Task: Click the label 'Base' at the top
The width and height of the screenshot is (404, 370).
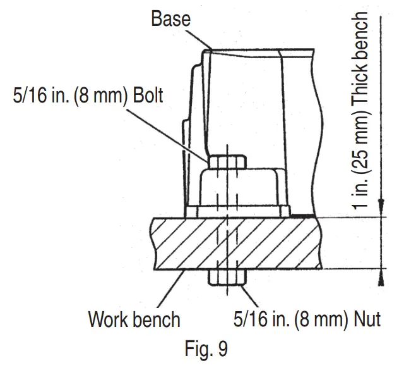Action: [x=170, y=19]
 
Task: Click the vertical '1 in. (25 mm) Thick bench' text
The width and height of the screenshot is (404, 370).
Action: [x=360, y=111]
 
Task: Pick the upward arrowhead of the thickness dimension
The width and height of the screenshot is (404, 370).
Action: [x=381, y=276]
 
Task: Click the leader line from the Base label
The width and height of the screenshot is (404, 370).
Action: [x=199, y=38]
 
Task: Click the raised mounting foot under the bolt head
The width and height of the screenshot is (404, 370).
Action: [x=240, y=190]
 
